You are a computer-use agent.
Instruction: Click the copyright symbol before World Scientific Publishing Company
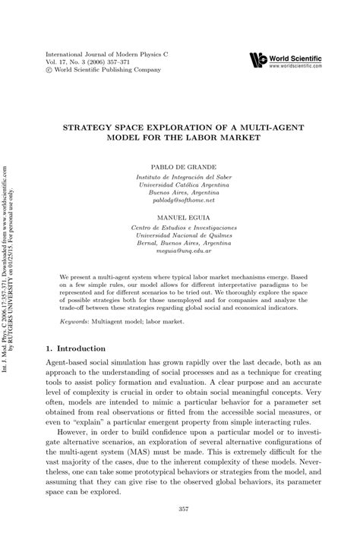coord(50,74)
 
